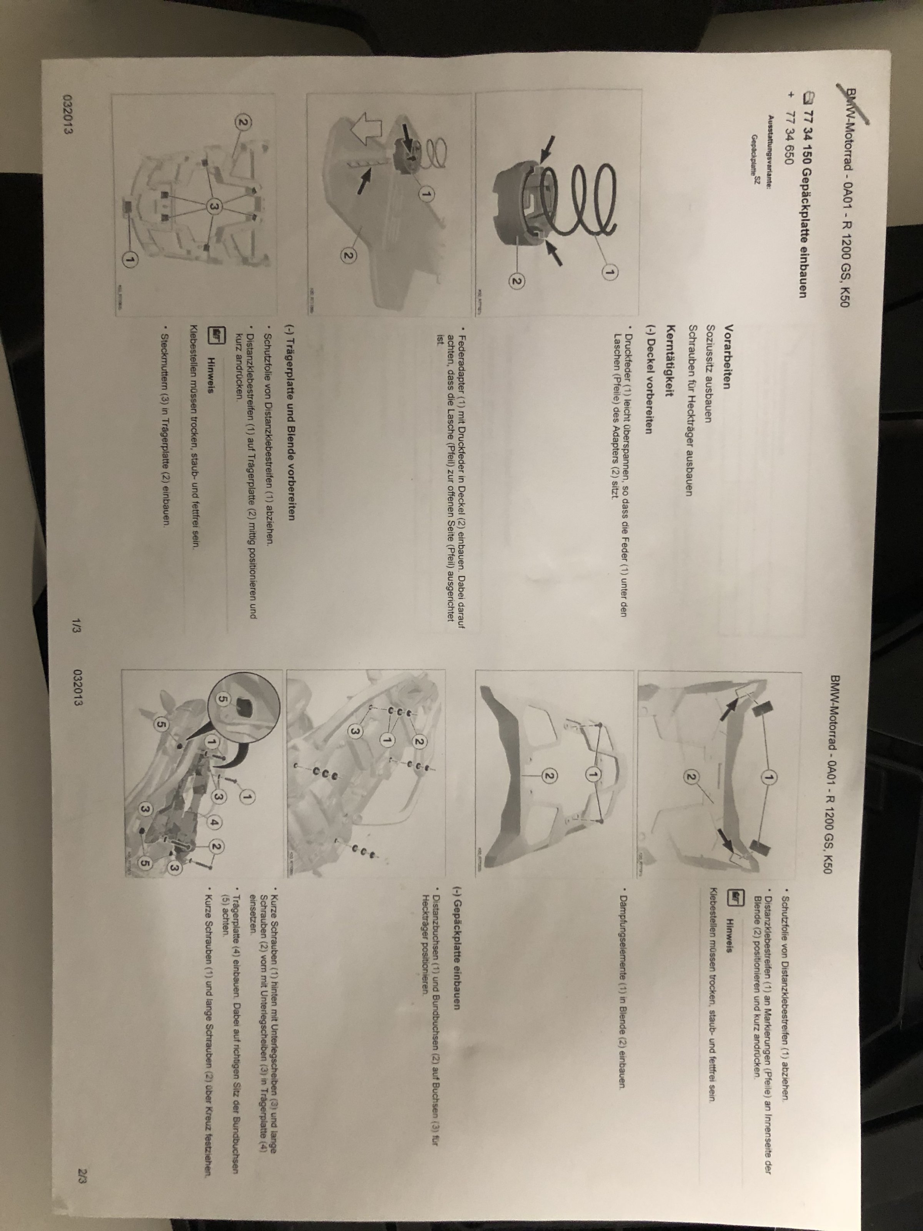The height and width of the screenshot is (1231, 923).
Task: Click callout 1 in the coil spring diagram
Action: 610,273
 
